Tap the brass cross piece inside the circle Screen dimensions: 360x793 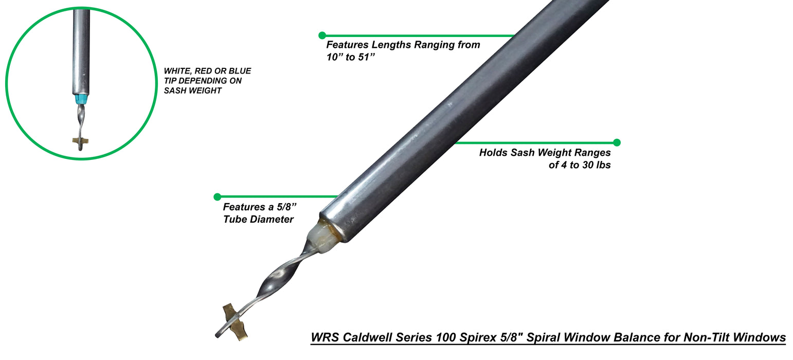pyautogui.click(x=80, y=140)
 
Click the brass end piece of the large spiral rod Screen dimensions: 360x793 pyautogui.click(x=235, y=322)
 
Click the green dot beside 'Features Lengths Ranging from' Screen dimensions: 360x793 pyautogui.click(x=322, y=35)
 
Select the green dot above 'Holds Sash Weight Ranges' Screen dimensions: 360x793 pyautogui.click(x=617, y=142)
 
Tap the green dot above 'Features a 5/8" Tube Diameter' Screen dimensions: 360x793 pyautogui.click(x=217, y=196)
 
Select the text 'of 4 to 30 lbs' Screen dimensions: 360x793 pyautogui.click(x=580, y=165)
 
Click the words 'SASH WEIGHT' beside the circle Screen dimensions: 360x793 pyautogui.click(x=194, y=91)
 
